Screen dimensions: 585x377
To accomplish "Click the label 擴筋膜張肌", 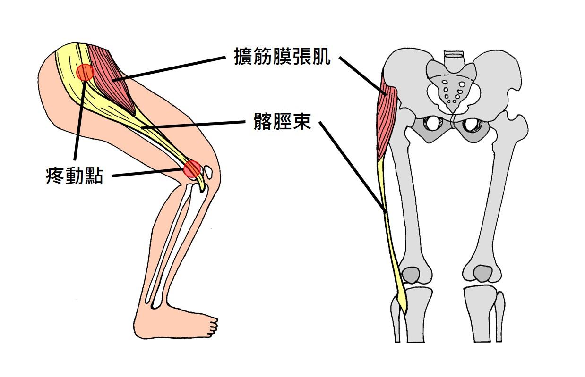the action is click(x=282, y=56).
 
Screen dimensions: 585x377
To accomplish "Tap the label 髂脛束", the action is click(x=282, y=121).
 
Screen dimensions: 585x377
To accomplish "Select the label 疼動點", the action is click(x=75, y=176).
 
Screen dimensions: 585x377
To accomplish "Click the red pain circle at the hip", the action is click(x=85, y=72).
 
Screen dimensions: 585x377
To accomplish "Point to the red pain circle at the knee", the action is click(x=192, y=169).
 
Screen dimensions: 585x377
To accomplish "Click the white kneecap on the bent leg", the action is click(x=208, y=172).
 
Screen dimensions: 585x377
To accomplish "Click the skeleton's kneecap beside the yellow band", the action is click(x=411, y=276).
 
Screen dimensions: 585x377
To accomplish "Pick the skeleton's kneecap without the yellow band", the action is click(x=483, y=274).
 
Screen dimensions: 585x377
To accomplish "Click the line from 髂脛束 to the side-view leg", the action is click(x=193, y=125).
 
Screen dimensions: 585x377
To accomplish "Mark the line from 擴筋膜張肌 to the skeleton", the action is click(x=362, y=76).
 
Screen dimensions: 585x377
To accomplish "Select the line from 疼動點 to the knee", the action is click(x=148, y=173).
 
